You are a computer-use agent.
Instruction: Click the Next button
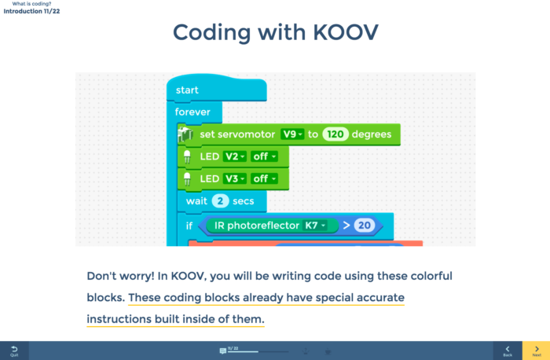coord(537,351)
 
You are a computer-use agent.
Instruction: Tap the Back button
coord(508,351)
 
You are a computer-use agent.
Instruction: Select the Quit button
coord(14,351)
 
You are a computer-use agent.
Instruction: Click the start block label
coord(187,90)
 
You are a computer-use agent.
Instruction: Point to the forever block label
coord(192,112)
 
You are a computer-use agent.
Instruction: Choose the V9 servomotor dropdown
coord(292,134)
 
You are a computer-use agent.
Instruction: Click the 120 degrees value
coord(335,134)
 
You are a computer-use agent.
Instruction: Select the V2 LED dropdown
coord(235,156)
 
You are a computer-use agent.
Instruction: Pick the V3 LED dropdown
coord(235,178)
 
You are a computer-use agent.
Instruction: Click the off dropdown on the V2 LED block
coord(264,156)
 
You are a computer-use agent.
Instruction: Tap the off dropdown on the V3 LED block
coord(264,178)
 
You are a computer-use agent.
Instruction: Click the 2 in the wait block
coord(220,201)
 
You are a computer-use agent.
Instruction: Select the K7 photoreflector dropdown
coord(314,226)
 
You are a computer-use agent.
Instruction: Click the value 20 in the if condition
coord(364,226)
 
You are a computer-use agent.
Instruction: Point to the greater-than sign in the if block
coord(346,226)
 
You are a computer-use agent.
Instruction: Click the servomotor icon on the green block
coord(185,134)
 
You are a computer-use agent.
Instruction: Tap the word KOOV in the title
coord(346,32)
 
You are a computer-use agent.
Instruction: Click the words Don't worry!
coord(120,276)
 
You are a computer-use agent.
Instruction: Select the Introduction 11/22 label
coord(31,11)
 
